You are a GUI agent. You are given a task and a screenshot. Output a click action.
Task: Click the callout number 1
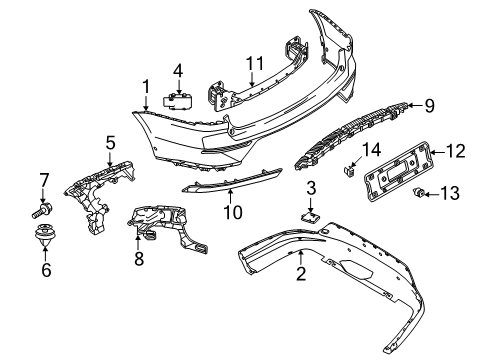pos(146,87)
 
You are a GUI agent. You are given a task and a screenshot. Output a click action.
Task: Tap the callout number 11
pos(255,64)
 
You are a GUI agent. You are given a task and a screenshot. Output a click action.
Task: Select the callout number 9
pos(429,106)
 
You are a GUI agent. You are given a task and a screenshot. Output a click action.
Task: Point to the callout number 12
pos(455,151)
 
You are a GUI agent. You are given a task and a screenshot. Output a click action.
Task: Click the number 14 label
pos(371,150)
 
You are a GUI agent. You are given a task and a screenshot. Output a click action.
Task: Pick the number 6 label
pos(46,269)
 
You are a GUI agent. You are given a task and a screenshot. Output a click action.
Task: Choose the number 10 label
pos(233,212)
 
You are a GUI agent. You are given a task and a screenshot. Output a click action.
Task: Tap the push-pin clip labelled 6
pos(44,235)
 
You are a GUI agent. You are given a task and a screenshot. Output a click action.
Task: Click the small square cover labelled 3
pos(310,217)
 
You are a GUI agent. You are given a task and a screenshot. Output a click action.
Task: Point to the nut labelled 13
pos(418,192)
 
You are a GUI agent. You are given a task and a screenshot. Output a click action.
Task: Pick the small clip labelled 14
pos(349,171)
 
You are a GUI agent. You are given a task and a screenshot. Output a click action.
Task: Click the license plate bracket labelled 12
pos(398,171)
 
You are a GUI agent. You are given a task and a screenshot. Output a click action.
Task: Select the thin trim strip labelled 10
pos(232,181)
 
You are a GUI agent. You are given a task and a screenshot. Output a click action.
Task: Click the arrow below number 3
pos(310,204)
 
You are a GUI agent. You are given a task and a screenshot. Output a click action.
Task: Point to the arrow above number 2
pos(301,258)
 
